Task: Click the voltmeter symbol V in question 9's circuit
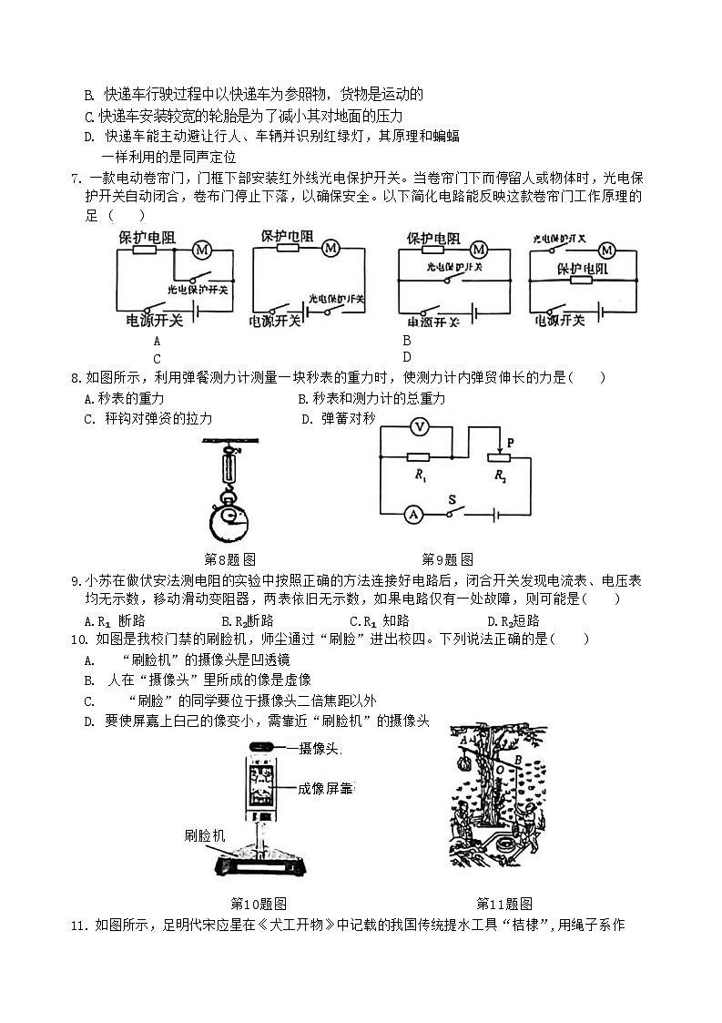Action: pyautogui.click(x=419, y=427)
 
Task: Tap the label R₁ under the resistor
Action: pyautogui.click(x=420, y=476)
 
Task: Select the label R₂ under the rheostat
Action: pyautogui.click(x=501, y=476)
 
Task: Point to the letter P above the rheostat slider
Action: pyautogui.click(x=511, y=443)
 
